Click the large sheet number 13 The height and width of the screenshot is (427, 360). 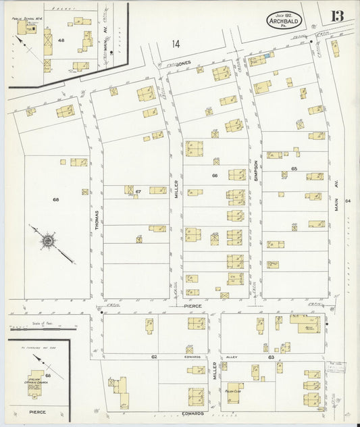pos(336,16)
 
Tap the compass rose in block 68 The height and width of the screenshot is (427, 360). pos(49,240)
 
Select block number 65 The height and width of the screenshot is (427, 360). pos(294,168)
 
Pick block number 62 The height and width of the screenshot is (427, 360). pos(154,356)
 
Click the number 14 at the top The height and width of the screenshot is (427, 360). pos(176,45)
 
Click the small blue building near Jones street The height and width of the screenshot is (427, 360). pos(271,55)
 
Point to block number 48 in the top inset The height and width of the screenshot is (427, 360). pos(61,41)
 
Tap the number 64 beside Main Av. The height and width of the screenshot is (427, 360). pos(347,201)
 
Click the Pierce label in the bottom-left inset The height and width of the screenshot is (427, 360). pos(36,410)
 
